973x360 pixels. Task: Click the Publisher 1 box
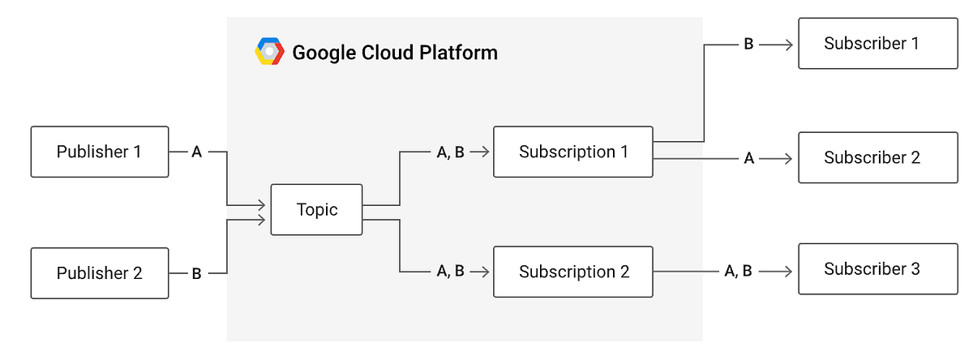pyautogui.click(x=100, y=152)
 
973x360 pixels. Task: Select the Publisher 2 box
pyautogui.click(x=100, y=273)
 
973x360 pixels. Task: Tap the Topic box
pyautogui.click(x=316, y=210)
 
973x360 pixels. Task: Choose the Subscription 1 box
pyautogui.click(x=572, y=152)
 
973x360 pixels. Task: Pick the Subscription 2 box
pyautogui.click(x=572, y=272)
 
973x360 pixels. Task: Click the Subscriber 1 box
pyautogui.click(x=872, y=44)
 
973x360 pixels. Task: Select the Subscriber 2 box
pyautogui.click(x=872, y=157)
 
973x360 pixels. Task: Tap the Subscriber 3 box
pyautogui.click(x=872, y=269)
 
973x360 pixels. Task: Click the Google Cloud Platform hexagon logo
pyautogui.click(x=269, y=51)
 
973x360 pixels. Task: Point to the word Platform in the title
pyautogui.click(x=459, y=54)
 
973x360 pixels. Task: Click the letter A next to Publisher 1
pyautogui.click(x=196, y=152)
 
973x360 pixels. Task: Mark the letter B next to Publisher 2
pyautogui.click(x=196, y=274)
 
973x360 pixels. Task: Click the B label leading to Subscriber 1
pyautogui.click(x=748, y=45)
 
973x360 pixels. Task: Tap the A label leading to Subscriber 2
pyautogui.click(x=748, y=159)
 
